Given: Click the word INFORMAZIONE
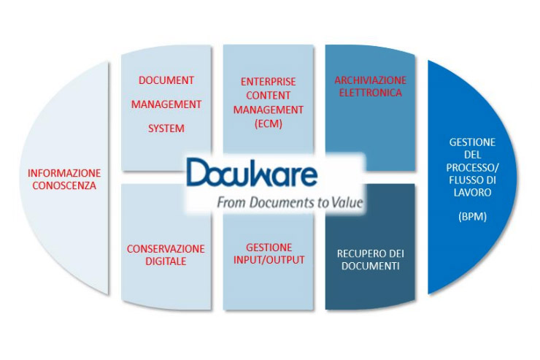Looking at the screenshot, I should tap(64, 173).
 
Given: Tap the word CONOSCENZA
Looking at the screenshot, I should tap(64, 185).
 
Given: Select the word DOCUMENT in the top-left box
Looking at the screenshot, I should tap(166, 80).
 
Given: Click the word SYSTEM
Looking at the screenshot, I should tap(166, 129).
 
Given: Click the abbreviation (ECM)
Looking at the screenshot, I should tap(268, 124).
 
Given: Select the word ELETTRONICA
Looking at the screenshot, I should tap(370, 93).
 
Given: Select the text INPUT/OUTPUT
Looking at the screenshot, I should tap(269, 260).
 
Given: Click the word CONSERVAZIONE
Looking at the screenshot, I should tap(166, 248).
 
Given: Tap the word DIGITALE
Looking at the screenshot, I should tap(166, 261).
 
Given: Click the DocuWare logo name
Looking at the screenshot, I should tap(252, 174).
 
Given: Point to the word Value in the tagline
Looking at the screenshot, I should tap(346, 202).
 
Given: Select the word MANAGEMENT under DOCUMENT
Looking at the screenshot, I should tap(166, 104).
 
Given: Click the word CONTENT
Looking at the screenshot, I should tap(268, 95).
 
